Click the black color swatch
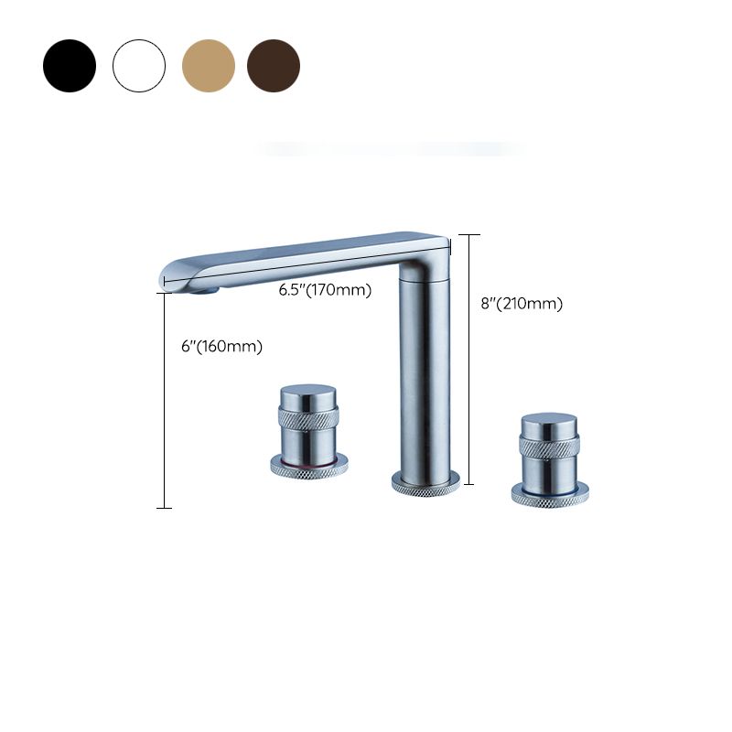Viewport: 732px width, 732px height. click(x=69, y=65)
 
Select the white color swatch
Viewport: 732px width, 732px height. click(x=139, y=65)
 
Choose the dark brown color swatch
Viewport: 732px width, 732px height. click(x=274, y=65)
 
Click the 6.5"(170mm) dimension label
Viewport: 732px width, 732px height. click(x=325, y=291)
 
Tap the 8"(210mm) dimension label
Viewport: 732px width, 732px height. click(x=522, y=304)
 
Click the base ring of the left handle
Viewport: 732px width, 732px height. click(x=307, y=467)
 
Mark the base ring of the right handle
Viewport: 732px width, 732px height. click(x=550, y=497)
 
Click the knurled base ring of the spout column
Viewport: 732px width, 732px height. click(x=423, y=483)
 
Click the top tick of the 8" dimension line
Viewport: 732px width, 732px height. click(x=468, y=235)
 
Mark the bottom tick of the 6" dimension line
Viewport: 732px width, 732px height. click(x=164, y=507)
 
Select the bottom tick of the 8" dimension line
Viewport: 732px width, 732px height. click(x=468, y=483)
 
